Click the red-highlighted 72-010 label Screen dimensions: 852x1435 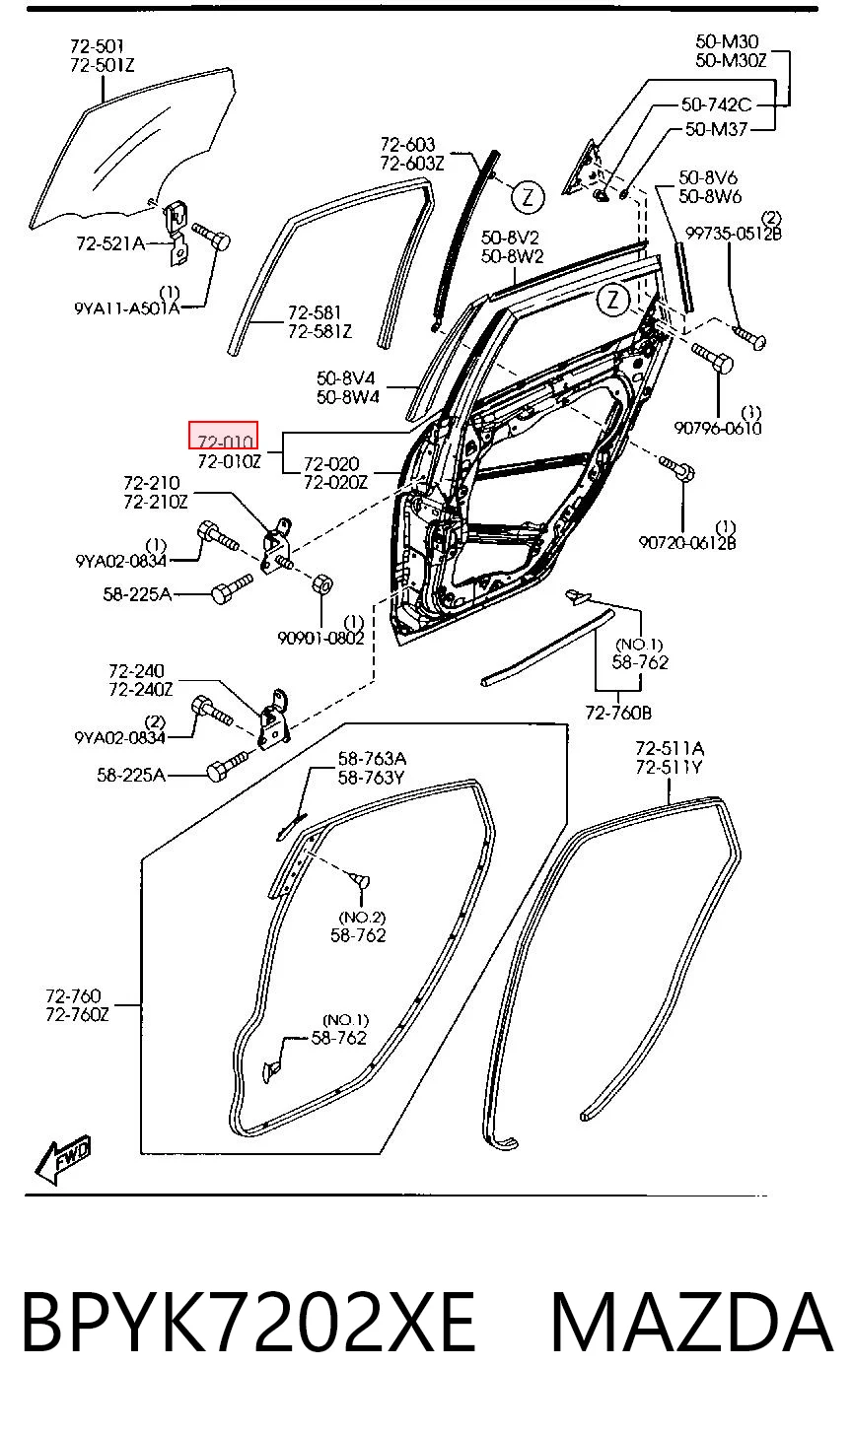223,436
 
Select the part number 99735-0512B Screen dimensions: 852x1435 734,234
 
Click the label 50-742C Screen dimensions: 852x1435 716,104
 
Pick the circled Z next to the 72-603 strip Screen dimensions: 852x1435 528,197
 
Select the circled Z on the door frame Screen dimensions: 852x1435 613,300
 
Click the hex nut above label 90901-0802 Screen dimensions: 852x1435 322,584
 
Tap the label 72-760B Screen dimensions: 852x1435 618,713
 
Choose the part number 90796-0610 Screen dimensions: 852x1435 717,428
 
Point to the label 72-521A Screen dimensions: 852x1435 110,243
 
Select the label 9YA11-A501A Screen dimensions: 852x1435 127,308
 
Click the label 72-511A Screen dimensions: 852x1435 670,748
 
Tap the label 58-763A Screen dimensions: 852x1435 372,759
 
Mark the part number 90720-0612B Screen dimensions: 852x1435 686,543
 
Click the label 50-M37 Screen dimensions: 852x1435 716,129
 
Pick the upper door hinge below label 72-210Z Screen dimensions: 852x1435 277,544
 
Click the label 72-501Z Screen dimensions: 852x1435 103,65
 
